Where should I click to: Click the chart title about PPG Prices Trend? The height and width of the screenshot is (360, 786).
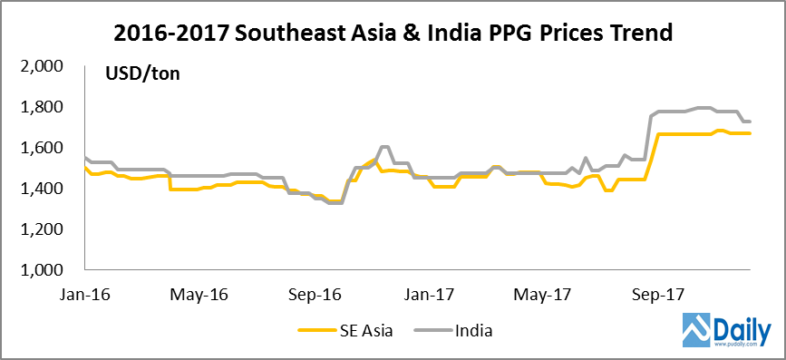tap(393, 34)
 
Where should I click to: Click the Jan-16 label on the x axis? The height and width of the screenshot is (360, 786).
tap(87, 295)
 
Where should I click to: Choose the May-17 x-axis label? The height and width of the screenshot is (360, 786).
tap(541, 295)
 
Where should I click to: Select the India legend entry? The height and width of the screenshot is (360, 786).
tap(471, 331)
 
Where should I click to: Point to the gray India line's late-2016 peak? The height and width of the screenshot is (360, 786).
tap(383, 147)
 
